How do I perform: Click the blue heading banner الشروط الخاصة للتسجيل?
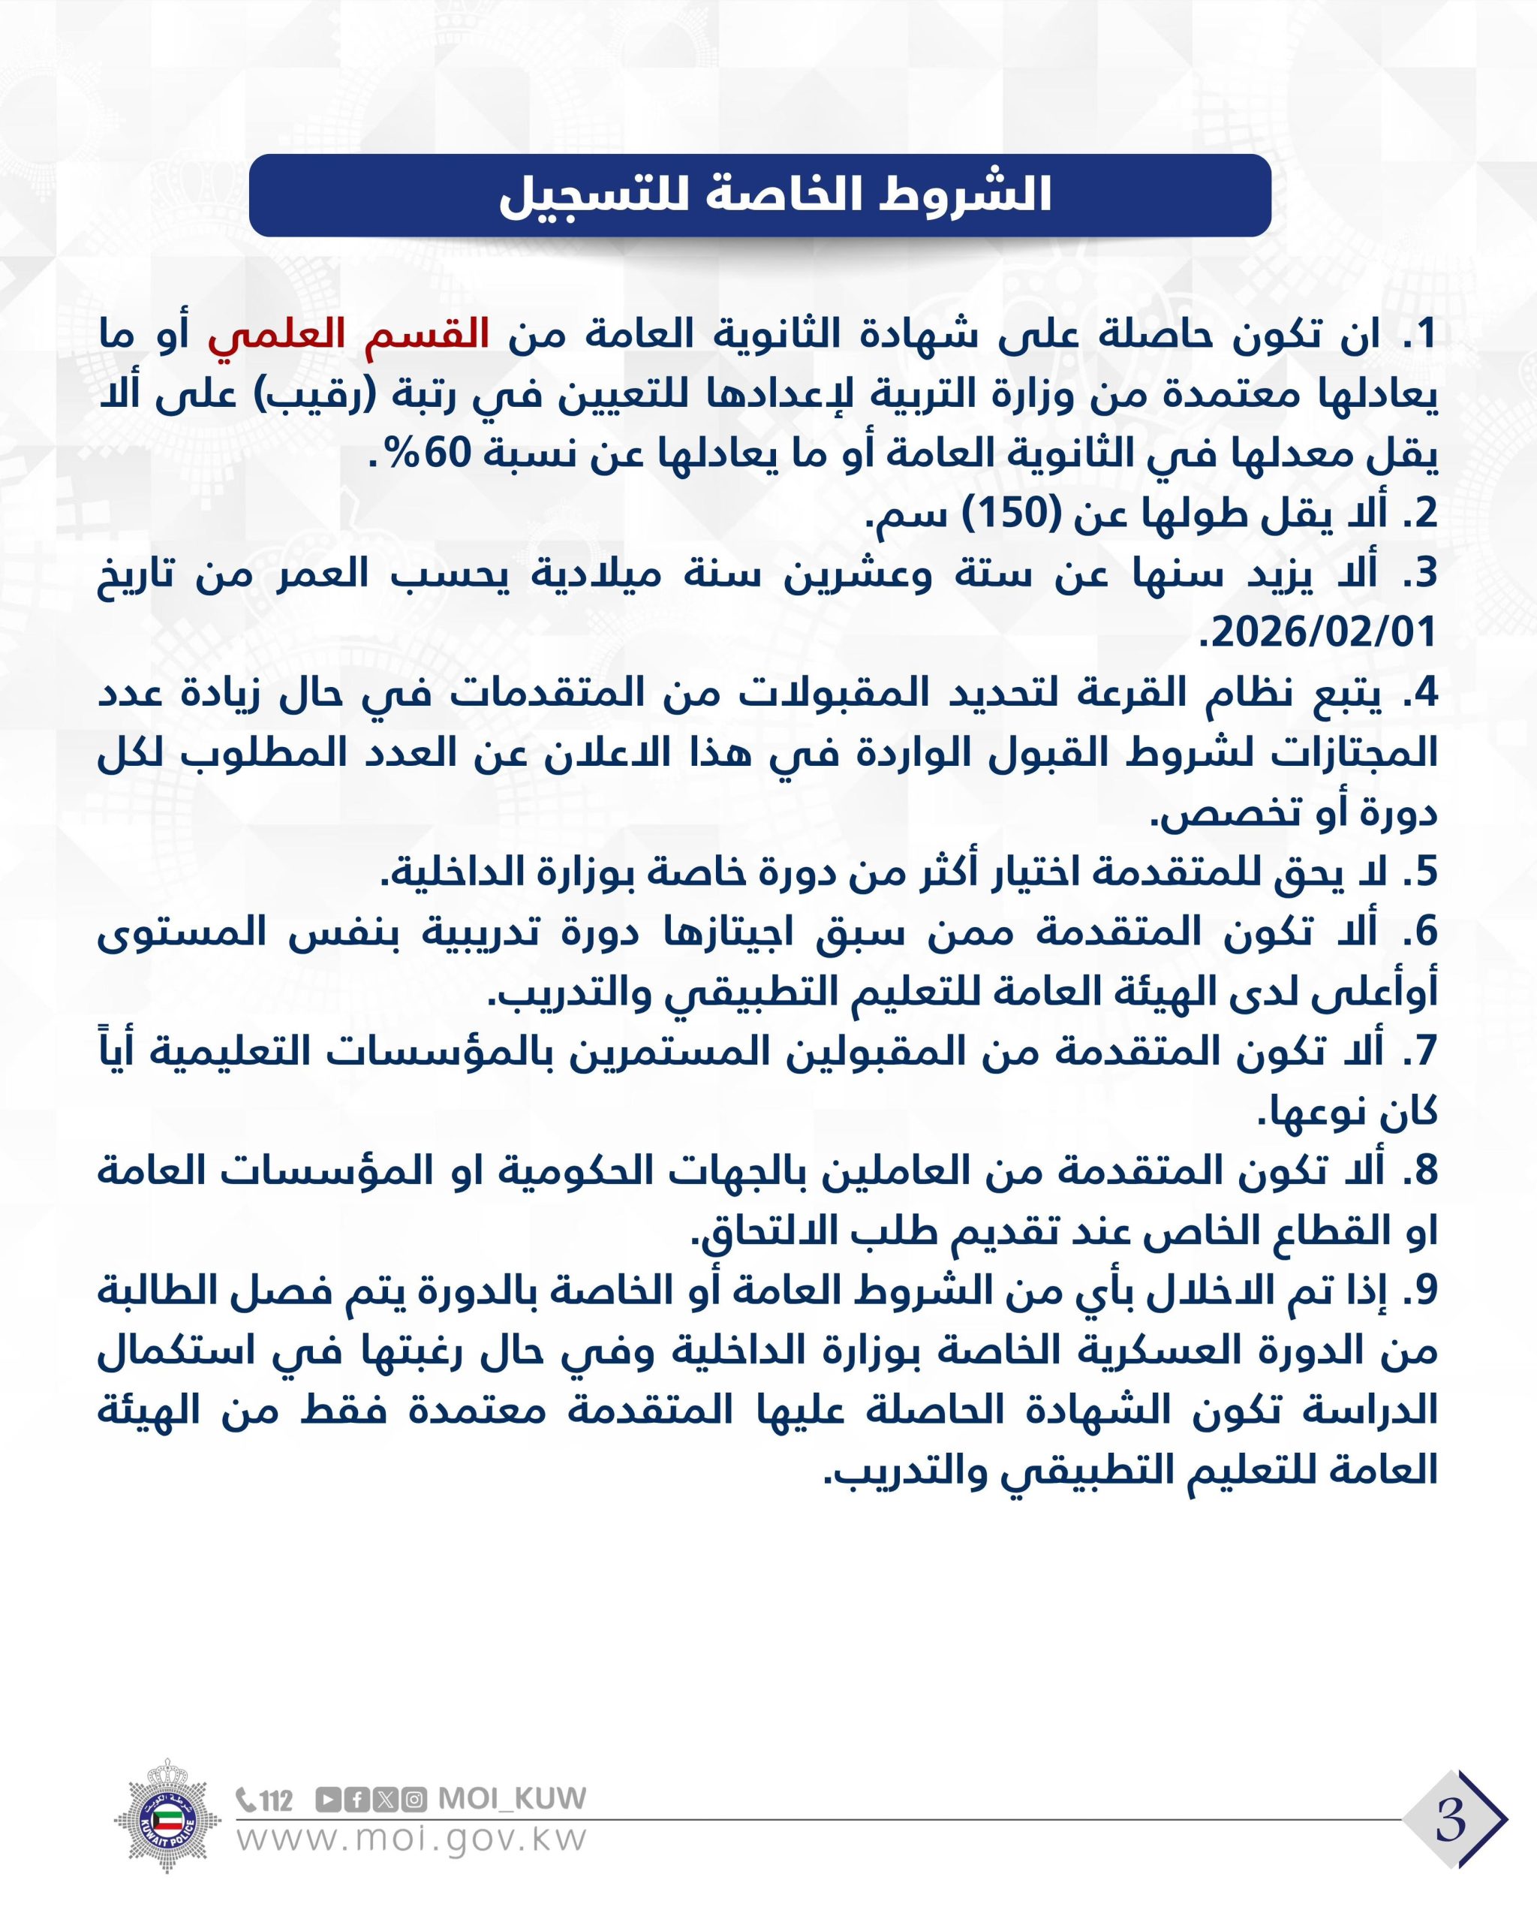[x=759, y=195]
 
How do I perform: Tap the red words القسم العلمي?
[x=348, y=334]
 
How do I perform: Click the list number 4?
[x=1424, y=693]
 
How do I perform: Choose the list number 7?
[x=1424, y=1052]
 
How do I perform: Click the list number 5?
[x=1424, y=872]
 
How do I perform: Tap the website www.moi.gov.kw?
[x=412, y=1840]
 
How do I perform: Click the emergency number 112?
[x=276, y=1801]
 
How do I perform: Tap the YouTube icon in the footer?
[x=328, y=1800]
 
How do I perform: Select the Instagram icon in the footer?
[x=414, y=1800]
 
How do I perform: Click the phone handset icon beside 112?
[x=247, y=1800]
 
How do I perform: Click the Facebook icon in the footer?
[x=356, y=1800]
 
